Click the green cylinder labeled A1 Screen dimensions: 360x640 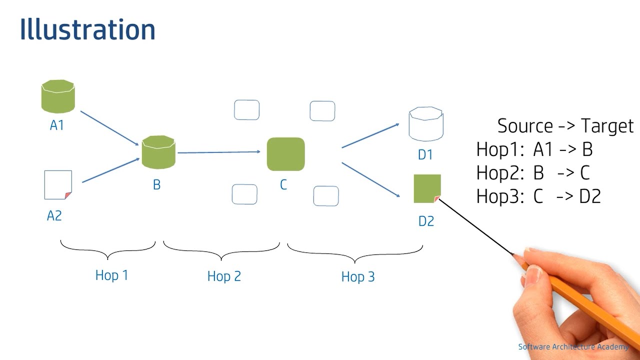click(58, 96)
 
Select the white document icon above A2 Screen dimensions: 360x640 click(58, 185)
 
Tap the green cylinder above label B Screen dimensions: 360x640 click(158, 152)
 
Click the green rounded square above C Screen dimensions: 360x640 click(285, 154)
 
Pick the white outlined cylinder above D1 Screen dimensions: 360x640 click(425, 124)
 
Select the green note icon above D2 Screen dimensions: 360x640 click(427, 188)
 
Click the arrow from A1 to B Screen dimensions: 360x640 click(109, 128)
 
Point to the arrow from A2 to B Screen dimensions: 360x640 click(110, 170)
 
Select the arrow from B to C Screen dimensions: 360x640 click(219, 152)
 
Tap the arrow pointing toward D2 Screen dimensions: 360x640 click(370, 179)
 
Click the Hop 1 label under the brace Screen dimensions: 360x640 click(111, 275)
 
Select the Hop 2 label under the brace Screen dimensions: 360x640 click(224, 276)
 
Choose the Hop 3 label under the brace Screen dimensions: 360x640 click(357, 277)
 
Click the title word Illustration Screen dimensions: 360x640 click(87, 30)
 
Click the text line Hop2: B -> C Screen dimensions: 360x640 click(533, 173)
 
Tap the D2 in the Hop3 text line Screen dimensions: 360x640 click(589, 197)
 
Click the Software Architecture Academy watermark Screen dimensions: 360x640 click(573, 347)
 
